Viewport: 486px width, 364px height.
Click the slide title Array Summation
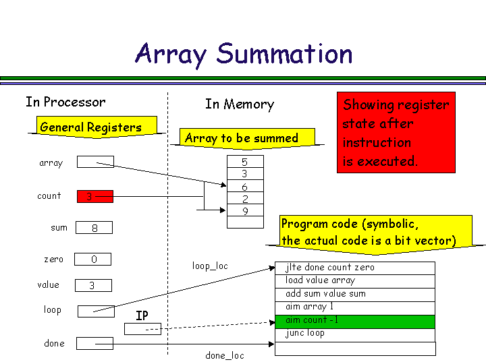pos(244,53)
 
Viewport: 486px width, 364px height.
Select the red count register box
pos(95,197)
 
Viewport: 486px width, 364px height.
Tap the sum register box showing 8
pos(94,229)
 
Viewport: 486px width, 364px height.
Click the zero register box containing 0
pos(93,260)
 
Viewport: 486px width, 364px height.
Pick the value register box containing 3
pos(93,286)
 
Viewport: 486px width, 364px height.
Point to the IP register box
pos(143,329)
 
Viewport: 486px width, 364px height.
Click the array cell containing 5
pos(244,162)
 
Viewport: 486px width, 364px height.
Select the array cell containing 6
pos(244,187)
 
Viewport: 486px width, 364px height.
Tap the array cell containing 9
pos(244,212)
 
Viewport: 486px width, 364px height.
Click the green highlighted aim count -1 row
pos(354,321)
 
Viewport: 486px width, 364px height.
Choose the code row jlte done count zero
pos(354,268)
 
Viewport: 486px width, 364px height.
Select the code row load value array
pos(354,281)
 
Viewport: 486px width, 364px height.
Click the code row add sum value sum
pos(354,295)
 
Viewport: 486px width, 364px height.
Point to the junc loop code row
pos(354,334)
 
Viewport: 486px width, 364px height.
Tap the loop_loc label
pos(210,266)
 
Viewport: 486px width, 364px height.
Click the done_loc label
pos(225,355)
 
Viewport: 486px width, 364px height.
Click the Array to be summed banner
pos(241,139)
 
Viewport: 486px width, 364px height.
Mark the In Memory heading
pos(240,104)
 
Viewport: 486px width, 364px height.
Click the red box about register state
pos(396,133)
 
